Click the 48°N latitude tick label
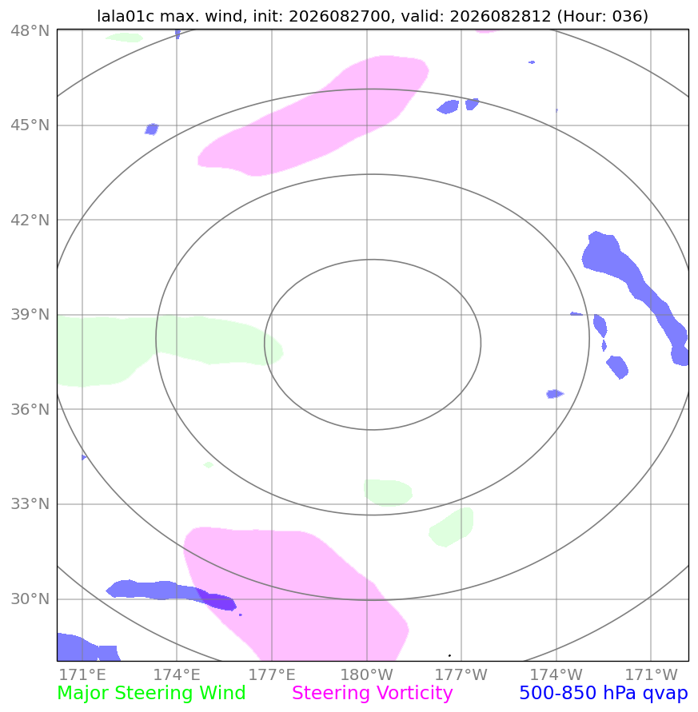[30, 31]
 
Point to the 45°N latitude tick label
[30, 125]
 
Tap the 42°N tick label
[30, 220]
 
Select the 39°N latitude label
[30, 314]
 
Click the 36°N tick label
[30, 409]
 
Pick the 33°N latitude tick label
[30, 503]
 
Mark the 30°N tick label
[30, 599]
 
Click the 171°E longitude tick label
[82, 674]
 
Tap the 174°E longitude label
[177, 674]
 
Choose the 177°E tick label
[272, 674]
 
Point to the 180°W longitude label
[367, 674]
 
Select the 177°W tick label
[461, 674]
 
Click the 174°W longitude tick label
[556, 674]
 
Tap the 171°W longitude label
[651, 674]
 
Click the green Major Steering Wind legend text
[151, 694]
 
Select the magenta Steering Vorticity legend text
[372, 694]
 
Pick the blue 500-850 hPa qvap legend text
[604, 694]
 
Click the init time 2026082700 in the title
[339, 16]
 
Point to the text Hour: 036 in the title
[603, 16]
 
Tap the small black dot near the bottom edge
[449, 655]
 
